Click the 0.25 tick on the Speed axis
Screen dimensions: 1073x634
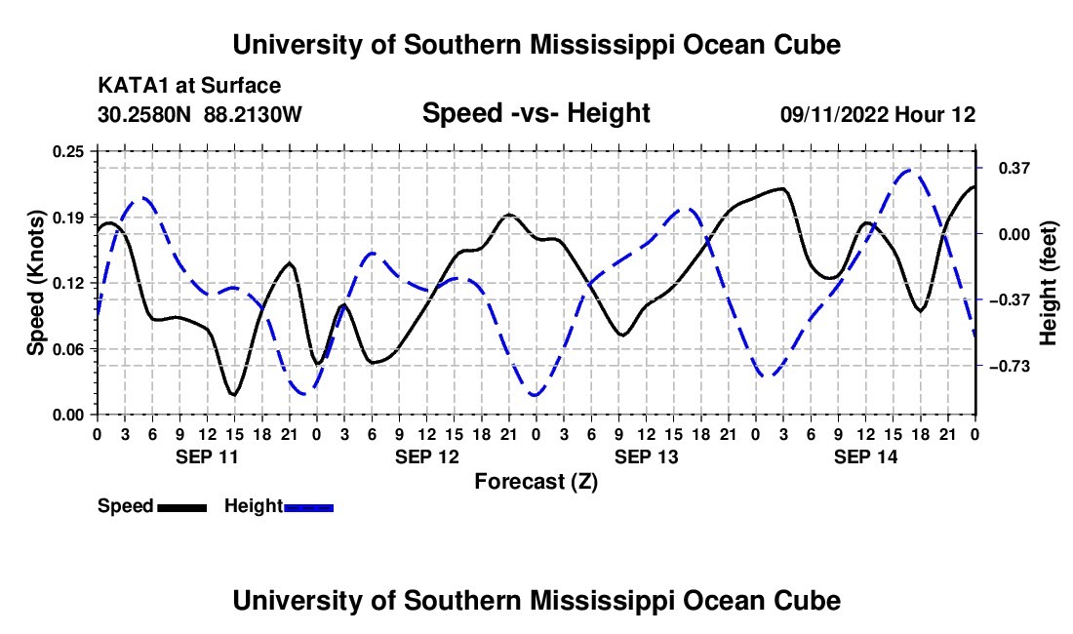click(x=67, y=151)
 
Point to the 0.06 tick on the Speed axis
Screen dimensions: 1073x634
click(x=67, y=349)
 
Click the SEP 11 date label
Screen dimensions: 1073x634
click(x=207, y=456)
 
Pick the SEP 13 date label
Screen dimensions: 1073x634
click(x=646, y=456)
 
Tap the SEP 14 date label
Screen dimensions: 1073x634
click(x=865, y=456)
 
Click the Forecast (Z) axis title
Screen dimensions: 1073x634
click(x=536, y=482)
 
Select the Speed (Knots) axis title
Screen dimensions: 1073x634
click(x=35, y=283)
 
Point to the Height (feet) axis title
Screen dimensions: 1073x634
click(x=1049, y=283)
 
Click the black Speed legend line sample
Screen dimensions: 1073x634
click(x=182, y=507)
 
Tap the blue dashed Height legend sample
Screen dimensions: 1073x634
click(x=308, y=507)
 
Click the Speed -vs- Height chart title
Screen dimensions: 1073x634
click(x=536, y=113)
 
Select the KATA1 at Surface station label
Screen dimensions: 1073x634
click(x=189, y=86)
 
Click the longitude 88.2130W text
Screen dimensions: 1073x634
click(x=253, y=114)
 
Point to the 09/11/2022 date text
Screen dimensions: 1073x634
click(x=835, y=114)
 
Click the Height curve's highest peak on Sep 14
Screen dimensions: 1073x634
click(x=909, y=170)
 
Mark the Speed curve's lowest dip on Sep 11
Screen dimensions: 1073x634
click(x=234, y=395)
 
